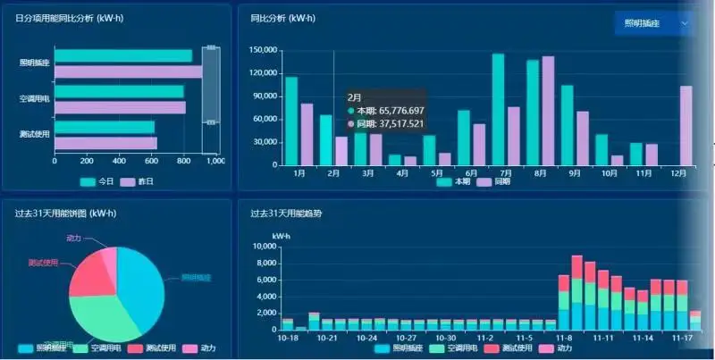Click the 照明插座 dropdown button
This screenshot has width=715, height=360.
click(x=654, y=24)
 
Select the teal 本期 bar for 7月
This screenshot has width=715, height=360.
click(x=498, y=109)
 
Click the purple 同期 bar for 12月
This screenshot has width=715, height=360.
click(x=686, y=125)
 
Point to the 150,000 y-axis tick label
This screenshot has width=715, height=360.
click(x=265, y=50)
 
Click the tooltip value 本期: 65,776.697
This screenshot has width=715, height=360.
click(x=391, y=111)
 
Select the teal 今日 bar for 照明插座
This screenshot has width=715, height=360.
click(x=123, y=56)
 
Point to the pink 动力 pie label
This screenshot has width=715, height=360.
click(x=74, y=239)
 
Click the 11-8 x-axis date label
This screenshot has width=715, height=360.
click(x=564, y=339)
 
